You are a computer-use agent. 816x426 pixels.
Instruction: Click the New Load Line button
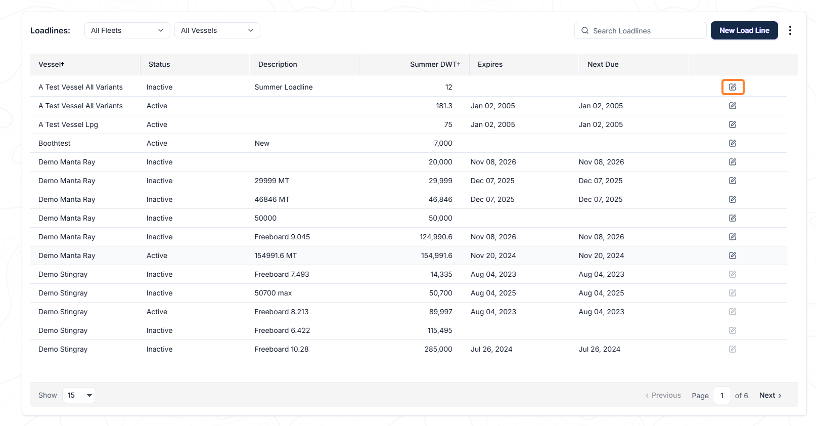coord(744,30)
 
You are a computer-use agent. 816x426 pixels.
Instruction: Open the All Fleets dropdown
coord(127,30)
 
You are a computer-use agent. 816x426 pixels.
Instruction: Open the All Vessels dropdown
coord(217,30)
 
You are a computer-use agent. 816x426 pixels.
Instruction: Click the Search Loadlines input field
coord(640,31)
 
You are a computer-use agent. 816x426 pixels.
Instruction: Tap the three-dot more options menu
coord(790,30)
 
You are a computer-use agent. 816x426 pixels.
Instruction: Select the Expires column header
coord(490,64)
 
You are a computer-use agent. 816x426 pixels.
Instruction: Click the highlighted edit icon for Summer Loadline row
coord(733,87)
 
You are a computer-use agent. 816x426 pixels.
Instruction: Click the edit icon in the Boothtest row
coord(733,143)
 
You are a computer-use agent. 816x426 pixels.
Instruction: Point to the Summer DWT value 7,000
coord(443,143)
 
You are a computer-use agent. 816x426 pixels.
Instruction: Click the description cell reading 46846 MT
coord(272,199)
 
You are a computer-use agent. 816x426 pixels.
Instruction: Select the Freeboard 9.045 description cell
coord(282,237)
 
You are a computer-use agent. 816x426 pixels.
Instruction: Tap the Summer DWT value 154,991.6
coord(436,255)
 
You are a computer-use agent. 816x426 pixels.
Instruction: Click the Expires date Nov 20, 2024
coord(493,255)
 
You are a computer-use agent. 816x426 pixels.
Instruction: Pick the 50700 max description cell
coord(273,293)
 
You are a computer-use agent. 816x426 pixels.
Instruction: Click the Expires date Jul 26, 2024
coord(491,349)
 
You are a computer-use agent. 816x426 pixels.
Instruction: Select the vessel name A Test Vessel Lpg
coord(68,124)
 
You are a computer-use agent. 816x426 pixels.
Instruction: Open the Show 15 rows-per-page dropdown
coord(79,395)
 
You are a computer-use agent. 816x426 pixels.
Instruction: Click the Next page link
coord(770,395)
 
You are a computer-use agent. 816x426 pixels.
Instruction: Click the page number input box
coord(721,395)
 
